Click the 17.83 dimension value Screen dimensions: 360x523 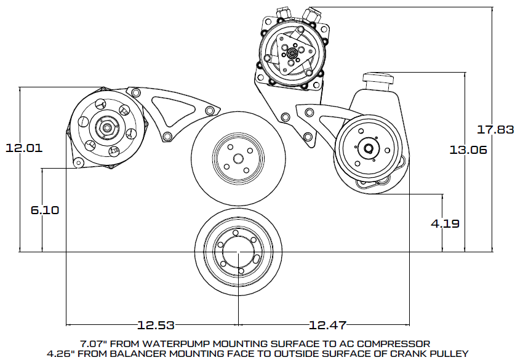tap(496, 129)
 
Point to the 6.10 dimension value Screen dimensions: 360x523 tap(44, 210)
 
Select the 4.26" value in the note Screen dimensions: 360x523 tap(62, 353)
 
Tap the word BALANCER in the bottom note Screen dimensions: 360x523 tap(148, 353)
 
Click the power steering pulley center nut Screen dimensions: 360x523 tap(368, 148)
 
